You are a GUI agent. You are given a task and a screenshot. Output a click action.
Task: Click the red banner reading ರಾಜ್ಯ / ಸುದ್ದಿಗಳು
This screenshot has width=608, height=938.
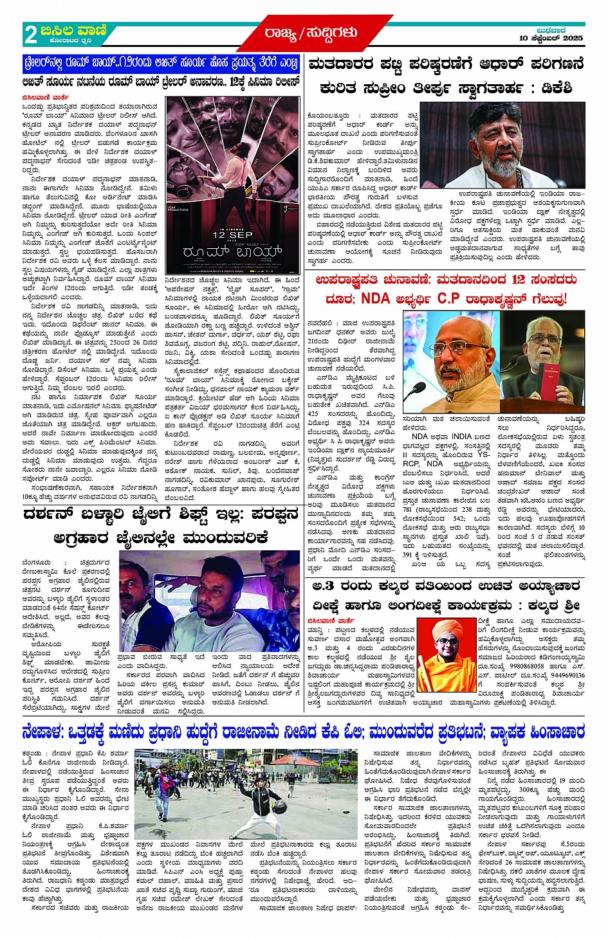(x=310, y=32)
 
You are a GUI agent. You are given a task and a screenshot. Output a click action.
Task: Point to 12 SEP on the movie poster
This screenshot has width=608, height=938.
(x=232, y=235)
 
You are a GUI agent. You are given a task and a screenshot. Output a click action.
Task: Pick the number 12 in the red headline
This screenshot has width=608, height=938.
(x=519, y=280)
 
